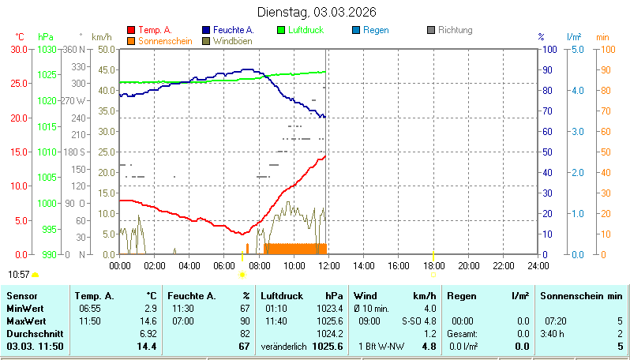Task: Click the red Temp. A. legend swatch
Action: pos(131,30)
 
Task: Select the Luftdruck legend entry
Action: pos(304,30)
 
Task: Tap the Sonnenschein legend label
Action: pos(164,40)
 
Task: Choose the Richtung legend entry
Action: pos(455,30)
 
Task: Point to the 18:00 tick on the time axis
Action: pos(433,266)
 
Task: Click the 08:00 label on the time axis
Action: pos(259,266)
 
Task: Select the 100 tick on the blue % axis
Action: pos(551,49)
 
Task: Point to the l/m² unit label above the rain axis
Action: pos(575,36)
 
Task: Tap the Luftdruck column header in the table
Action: pos(280,295)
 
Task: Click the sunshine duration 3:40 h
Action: pos(555,334)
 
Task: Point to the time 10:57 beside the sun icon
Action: pos(18,274)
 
